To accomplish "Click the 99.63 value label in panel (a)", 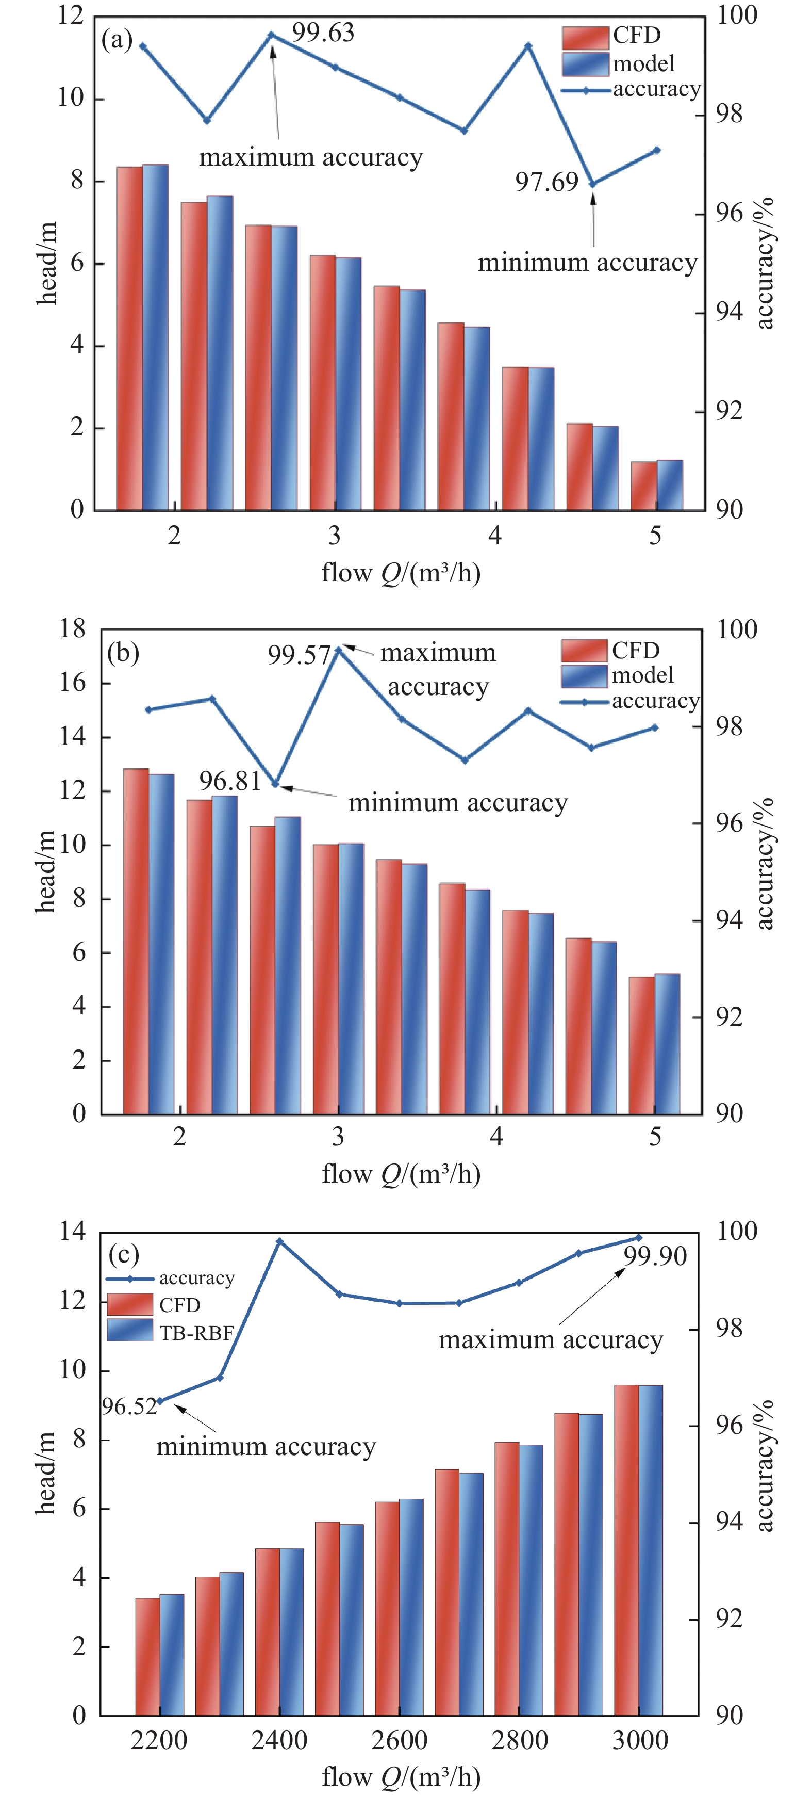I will (x=322, y=33).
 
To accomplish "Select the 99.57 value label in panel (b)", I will (x=299, y=655).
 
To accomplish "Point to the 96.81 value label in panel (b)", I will (x=230, y=781).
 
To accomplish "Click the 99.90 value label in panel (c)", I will (x=655, y=1256).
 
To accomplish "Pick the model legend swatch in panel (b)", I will (x=584, y=676).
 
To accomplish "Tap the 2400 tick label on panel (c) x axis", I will (x=279, y=1740).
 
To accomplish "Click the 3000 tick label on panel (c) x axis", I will (x=639, y=1740).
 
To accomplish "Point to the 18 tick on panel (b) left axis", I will (x=72, y=629).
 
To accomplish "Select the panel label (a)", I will (x=117, y=40).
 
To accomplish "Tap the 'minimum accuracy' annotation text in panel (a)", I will (x=587, y=263).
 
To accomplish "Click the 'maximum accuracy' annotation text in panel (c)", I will (x=550, y=1340).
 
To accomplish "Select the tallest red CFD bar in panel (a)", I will (x=129, y=338).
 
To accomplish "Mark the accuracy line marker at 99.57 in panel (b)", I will (x=338, y=650).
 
